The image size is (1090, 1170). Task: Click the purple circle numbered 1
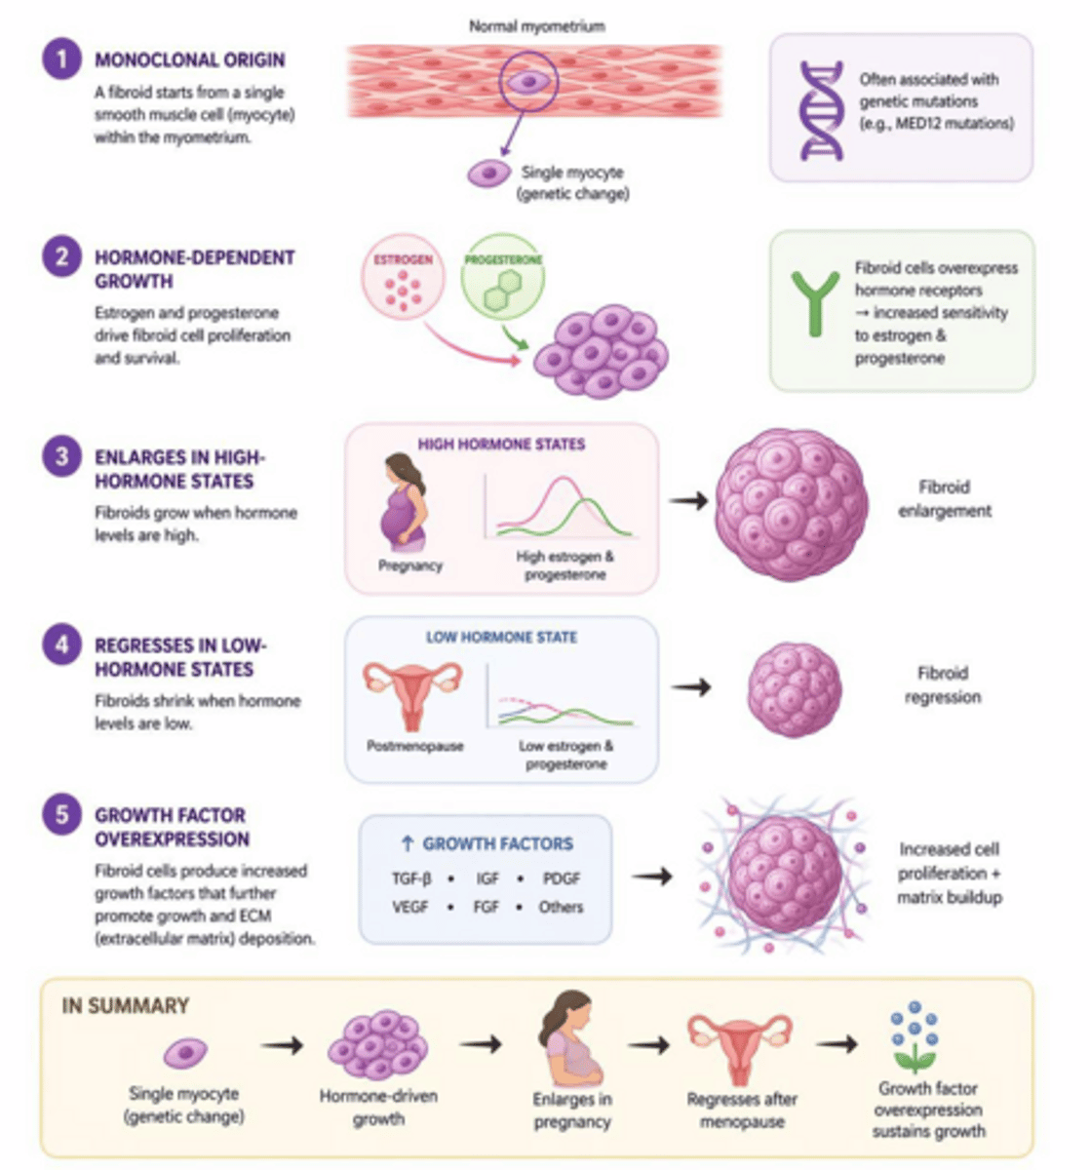(61, 59)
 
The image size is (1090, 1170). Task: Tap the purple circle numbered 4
(61, 645)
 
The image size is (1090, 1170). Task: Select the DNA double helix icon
(820, 110)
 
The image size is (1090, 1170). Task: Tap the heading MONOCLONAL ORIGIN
(189, 60)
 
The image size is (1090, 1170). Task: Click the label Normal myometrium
(536, 26)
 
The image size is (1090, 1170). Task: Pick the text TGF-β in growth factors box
(410, 878)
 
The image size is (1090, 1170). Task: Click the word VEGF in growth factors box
(410, 907)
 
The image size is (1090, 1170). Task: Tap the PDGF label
(561, 878)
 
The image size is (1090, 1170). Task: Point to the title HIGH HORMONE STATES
(501, 445)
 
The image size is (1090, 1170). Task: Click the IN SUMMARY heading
(125, 1006)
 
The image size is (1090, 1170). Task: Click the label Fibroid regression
(942, 684)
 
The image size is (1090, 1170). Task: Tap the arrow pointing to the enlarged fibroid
(688, 500)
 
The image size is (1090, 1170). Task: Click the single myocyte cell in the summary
(185, 1054)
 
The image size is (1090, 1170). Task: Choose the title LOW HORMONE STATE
(501, 638)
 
